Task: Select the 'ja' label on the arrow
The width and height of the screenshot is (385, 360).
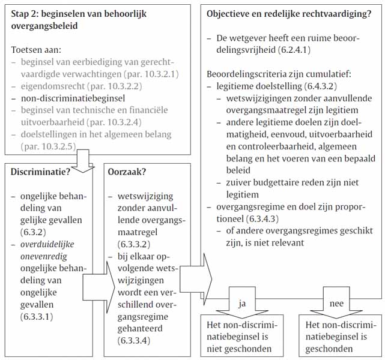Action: [x=243, y=304]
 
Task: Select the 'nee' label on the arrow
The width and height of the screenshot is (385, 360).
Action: [x=336, y=304]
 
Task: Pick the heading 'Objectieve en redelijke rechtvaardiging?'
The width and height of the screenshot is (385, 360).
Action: [x=288, y=13]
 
